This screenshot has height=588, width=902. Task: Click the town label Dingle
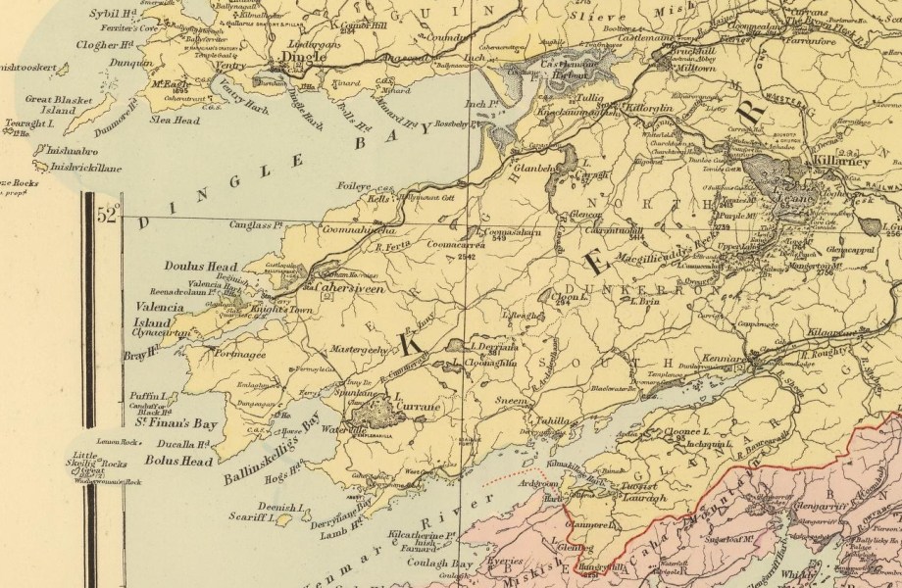pos(303,58)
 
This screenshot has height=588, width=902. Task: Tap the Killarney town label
pos(837,162)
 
